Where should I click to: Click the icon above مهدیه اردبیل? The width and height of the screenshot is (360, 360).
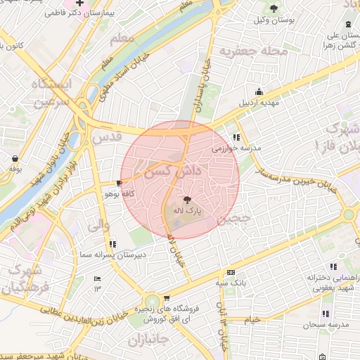(259, 91)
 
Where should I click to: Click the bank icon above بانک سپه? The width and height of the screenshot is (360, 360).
(231, 273)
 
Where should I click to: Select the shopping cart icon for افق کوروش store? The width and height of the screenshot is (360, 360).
(166, 298)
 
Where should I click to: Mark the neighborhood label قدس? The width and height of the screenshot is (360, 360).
(106, 138)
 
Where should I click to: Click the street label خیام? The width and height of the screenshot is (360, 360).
(252, 319)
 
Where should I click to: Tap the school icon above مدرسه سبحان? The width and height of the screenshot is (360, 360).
(325, 314)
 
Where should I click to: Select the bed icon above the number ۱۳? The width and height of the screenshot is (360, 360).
(98, 279)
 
